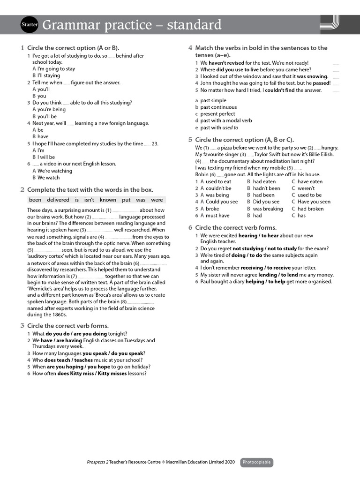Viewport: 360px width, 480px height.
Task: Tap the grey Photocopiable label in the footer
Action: tap(256, 462)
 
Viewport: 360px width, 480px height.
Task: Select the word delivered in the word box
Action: tap(58, 200)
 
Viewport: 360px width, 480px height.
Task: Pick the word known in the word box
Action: tap(108, 200)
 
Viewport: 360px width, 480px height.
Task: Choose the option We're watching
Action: tap(55, 171)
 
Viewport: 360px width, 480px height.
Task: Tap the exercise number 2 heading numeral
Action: tap(22, 190)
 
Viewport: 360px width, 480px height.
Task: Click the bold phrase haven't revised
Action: tap(226, 63)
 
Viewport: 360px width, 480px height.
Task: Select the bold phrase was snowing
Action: tap(312, 76)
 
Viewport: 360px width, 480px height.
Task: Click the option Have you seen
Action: tap(314, 202)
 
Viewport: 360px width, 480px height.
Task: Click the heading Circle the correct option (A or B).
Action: tap(73, 48)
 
